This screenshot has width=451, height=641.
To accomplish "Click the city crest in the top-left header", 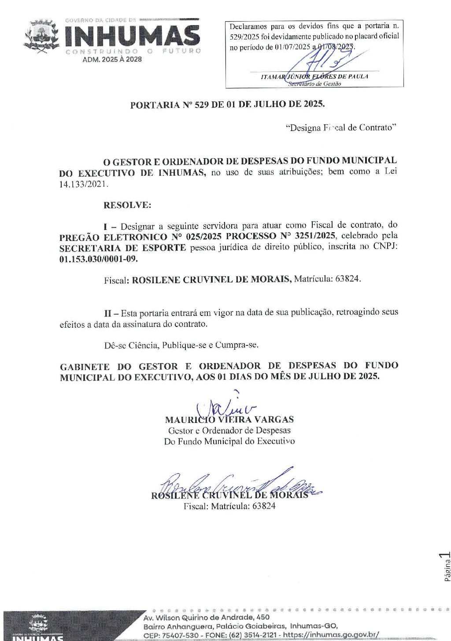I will [x=42, y=37].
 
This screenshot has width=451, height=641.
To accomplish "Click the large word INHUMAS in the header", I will [x=133, y=36].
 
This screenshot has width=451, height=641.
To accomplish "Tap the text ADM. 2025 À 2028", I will [x=112, y=59].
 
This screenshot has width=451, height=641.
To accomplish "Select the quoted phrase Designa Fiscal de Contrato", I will [x=341, y=128].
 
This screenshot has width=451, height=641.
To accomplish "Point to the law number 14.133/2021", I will [x=83, y=184].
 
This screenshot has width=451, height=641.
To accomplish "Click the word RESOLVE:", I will [x=127, y=205].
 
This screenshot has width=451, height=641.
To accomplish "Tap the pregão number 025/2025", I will [x=203, y=236].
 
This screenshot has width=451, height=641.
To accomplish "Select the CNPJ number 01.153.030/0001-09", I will [x=98, y=259].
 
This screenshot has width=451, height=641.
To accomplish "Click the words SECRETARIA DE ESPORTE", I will [x=122, y=248].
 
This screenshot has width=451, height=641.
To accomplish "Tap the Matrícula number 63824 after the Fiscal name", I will [x=347, y=279].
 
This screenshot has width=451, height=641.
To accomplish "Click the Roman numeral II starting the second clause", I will [x=107, y=313].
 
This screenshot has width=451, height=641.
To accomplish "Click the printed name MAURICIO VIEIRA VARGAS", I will [x=229, y=419].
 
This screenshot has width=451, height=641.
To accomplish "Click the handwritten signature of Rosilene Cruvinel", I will [x=238, y=485].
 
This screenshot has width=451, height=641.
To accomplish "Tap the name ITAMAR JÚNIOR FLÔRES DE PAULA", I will [x=314, y=77].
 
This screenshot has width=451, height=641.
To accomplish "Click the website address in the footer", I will [x=331, y=635].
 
